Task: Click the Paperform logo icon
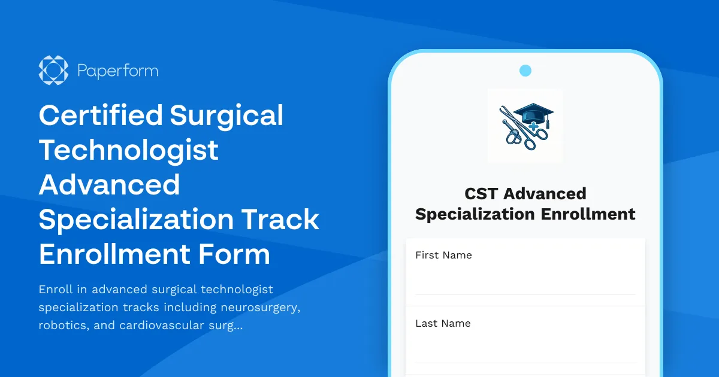[x=53, y=71]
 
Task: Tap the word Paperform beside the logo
[x=118, y=71]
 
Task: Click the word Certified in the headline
[x=99, y=115]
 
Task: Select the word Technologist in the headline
[x=129, y=150]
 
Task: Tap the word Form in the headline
[x=238, y=254]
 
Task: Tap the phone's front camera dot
[x=525, y=71]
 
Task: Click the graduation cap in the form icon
[x=533, y=114]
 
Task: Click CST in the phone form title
[x=482, y=194]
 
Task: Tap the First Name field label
[x=443, y=255]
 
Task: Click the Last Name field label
[x=443, y=323]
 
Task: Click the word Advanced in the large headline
[x=110, y=185]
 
